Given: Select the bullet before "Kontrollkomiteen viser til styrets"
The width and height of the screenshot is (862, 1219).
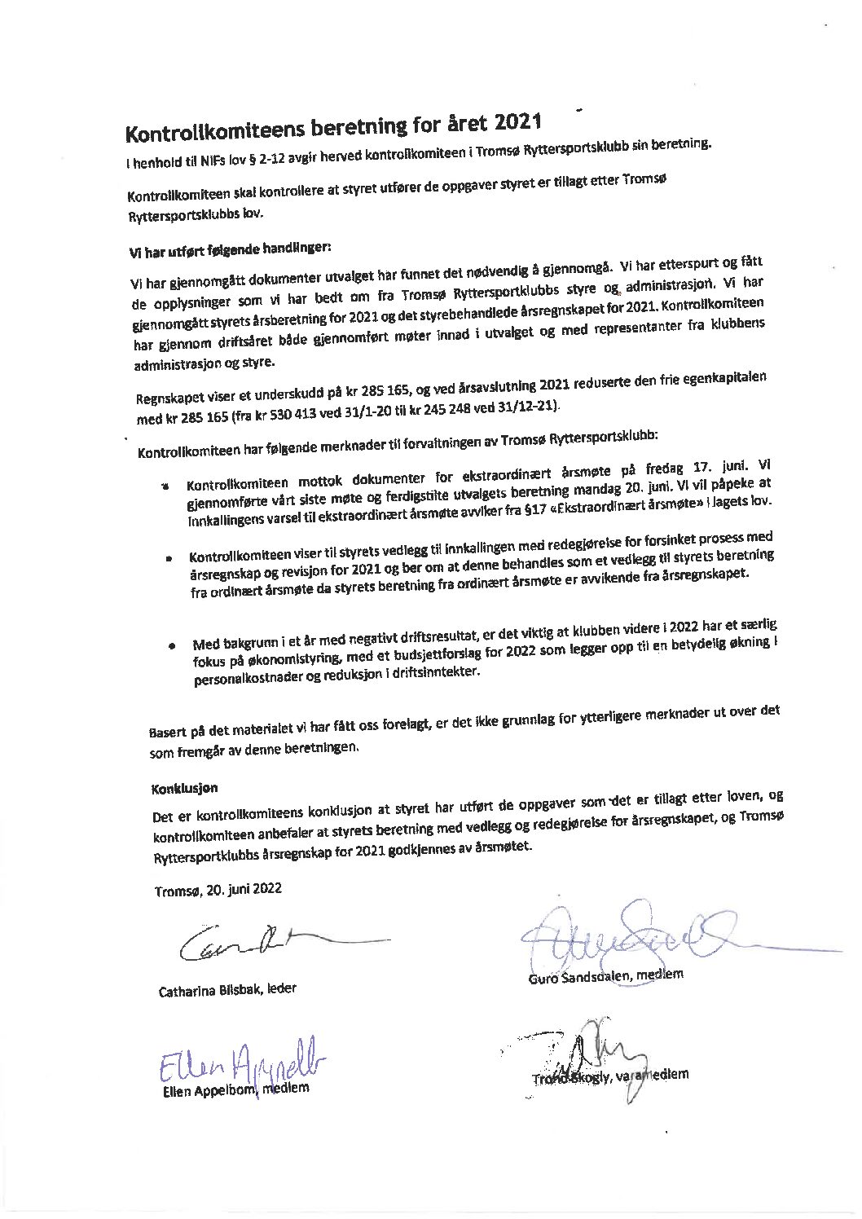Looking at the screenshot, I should coord(169,561).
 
